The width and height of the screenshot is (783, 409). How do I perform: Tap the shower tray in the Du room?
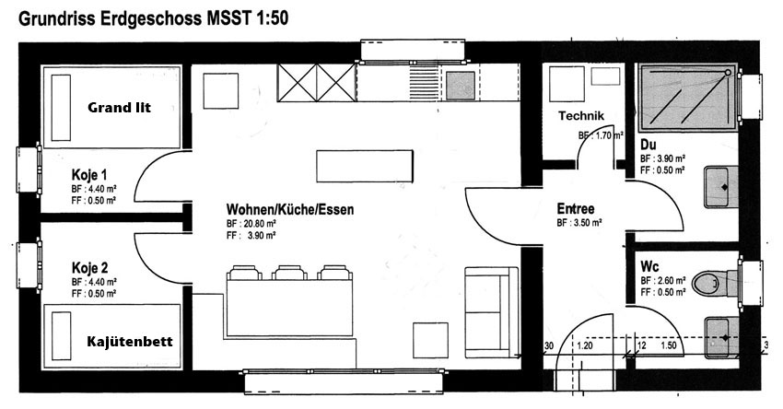687,97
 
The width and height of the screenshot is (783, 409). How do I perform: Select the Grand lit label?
119,108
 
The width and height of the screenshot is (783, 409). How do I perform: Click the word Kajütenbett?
129,342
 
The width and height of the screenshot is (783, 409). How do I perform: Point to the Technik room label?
580,116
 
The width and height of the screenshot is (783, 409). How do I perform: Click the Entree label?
575,209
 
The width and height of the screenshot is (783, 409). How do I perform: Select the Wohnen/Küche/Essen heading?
289,209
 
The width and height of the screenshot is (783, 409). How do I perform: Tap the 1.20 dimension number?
585,345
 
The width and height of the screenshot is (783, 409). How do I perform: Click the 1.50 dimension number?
669,345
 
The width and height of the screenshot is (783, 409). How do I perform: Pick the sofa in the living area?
492,312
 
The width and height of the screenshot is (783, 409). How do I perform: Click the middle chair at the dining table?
289,273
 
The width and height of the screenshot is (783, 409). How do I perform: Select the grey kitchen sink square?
460,85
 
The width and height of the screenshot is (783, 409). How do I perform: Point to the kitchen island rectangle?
365,167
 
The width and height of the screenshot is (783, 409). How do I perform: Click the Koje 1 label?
88,175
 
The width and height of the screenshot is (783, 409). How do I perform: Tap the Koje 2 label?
89,268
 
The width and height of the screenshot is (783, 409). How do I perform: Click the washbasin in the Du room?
721,187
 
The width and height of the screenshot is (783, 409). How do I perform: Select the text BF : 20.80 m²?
251,223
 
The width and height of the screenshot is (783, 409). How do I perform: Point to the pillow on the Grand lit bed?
61,108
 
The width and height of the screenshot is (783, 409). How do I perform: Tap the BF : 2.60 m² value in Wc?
663,281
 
